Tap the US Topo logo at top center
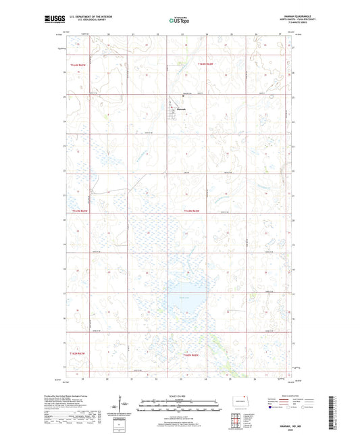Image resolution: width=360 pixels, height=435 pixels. pos(180,20)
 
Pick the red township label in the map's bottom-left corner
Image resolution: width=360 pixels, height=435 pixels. pos(76,353)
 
